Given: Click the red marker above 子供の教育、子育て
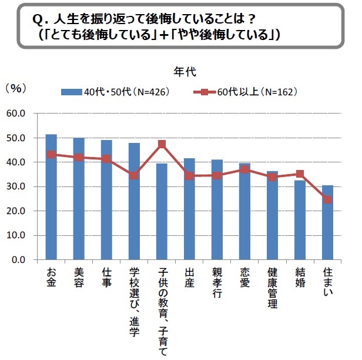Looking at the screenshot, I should tap(162, 144).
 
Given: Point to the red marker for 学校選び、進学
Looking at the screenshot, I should tap(134, 175).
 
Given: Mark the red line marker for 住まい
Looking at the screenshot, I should tap(327, 199).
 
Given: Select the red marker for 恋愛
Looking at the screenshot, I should tap(244, 169).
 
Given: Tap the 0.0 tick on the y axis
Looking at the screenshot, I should tap(19, 259).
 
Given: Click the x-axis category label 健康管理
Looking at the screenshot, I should tap(272, 289).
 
